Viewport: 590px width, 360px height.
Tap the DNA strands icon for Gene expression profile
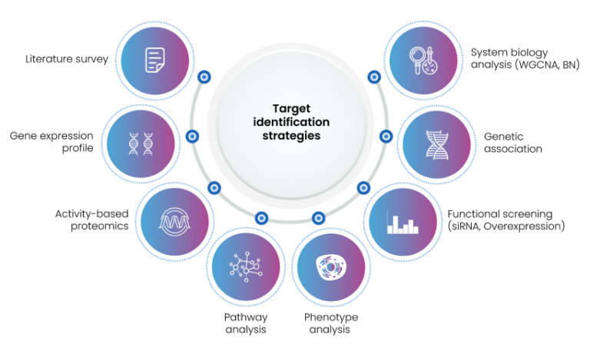pos(141,142)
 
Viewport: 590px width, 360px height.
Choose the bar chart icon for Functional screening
pos(403,223)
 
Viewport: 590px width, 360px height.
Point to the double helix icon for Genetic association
pos(437,143)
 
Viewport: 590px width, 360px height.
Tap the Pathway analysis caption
pos(245,323)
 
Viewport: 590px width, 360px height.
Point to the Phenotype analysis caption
pos(330,323)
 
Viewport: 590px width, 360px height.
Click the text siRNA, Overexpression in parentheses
pos(506,226)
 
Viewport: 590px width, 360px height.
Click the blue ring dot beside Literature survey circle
pos(204,77)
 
